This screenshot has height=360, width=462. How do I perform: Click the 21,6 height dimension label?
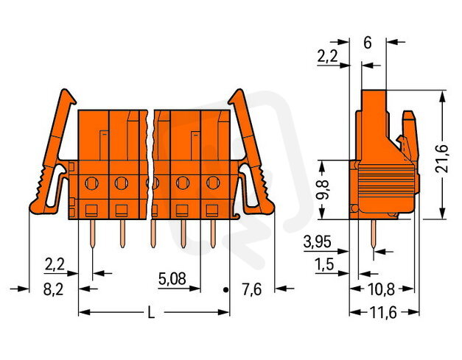point(441,159)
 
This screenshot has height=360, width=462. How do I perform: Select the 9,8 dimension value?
point(324,189)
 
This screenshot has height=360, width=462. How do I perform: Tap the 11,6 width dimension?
point(383,313)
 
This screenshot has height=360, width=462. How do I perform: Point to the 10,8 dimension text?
point(381,290)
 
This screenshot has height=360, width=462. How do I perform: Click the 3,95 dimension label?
point(317,242)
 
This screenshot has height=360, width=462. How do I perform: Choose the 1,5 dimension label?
point(324,264)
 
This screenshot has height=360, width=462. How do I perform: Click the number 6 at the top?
point(368,43)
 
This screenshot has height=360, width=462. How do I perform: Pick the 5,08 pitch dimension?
point(172,278)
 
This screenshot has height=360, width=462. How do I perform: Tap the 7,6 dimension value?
point(251,289)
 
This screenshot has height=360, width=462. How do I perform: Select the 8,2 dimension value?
point(53,289)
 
